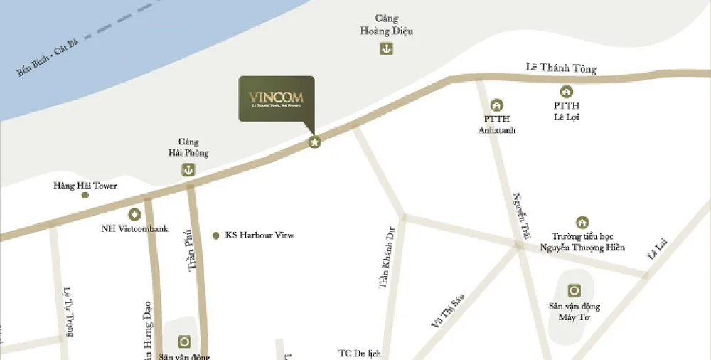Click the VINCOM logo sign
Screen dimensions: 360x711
[x=276, y=98]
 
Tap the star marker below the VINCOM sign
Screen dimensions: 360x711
[x=314, y=142]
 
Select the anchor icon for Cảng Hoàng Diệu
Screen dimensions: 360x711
[x=387, y=49]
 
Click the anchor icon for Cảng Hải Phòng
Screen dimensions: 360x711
[x=188, y=169]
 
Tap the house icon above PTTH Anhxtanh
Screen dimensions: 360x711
[x=497, y=105]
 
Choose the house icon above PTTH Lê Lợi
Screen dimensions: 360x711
[x=567, y=91]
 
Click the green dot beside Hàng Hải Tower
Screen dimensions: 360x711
[x=85, y=195]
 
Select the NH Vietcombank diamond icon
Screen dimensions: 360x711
[x=134, y=214]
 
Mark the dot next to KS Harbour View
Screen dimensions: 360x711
[x=215, y=235]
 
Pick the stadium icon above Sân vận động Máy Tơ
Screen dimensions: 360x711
[x=574, y=290]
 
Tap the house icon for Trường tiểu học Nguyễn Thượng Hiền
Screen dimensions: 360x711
[x=582, y=222]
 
